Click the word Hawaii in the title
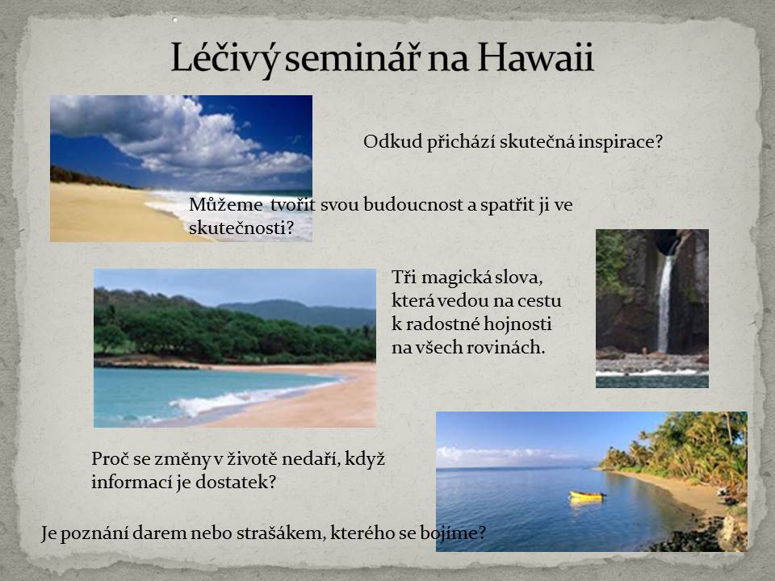(535, 58)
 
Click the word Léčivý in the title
(226, 59)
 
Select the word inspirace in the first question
(620, 142)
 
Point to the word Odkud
(392, 141)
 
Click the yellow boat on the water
(587, 495)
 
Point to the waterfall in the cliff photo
(665, 303)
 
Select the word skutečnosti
(241, 228)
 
